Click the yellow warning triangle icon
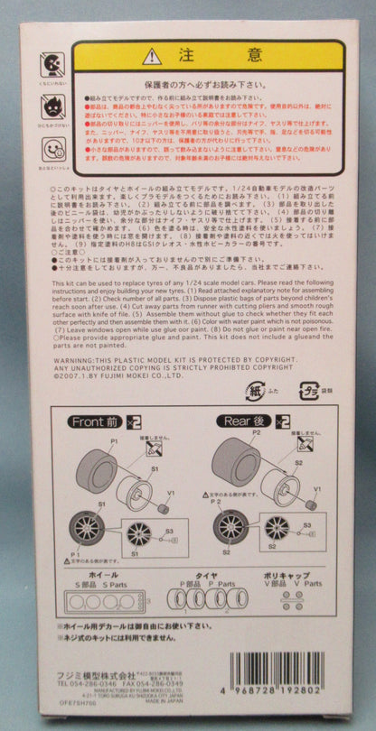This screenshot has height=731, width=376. (x=152, y=56)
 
